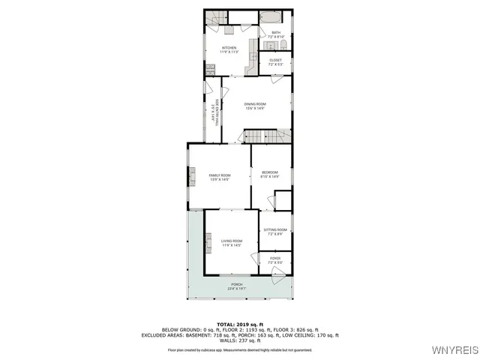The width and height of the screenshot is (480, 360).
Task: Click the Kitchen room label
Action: tap(229, 49)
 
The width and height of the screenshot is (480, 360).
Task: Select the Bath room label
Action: tap(275, 34)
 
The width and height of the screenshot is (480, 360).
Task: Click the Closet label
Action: tap(275, 61)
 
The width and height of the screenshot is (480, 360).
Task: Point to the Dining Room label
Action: tap(255, 106)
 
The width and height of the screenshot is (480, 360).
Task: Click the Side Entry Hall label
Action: tap(215, 116)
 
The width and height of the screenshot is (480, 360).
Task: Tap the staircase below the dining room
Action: tap(256, 136)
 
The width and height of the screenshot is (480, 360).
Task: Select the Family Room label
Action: tap(219, 177)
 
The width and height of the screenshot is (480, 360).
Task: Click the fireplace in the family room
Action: tap(190, 178)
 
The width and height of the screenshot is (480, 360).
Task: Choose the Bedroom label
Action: tap(270, 175)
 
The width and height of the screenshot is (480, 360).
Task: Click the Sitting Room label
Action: tap(275, 232)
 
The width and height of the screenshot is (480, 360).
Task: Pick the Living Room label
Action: tap(231, 243)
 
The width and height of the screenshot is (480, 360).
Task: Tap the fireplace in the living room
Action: tap(208, 242)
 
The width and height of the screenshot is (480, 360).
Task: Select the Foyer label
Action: tap(275, 261)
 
